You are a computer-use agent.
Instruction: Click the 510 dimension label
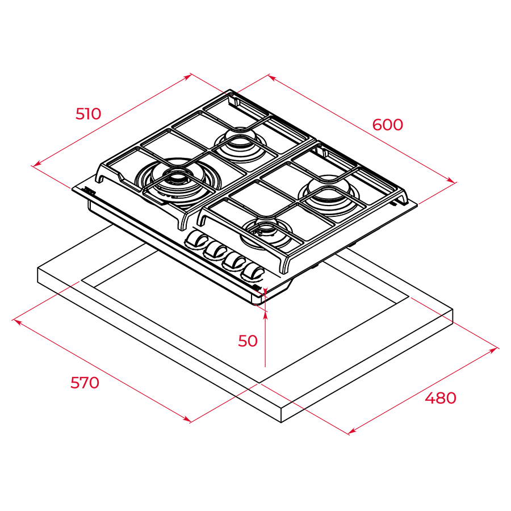[89, 114]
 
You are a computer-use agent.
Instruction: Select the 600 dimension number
[387, 124]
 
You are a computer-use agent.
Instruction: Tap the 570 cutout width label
[85, 382]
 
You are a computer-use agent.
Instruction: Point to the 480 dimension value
[441, 398]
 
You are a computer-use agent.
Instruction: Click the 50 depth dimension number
[248, 341]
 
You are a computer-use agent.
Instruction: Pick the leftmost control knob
[196, 240]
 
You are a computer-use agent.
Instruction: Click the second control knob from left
[215, 250]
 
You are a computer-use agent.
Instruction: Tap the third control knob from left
[234, 261]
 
